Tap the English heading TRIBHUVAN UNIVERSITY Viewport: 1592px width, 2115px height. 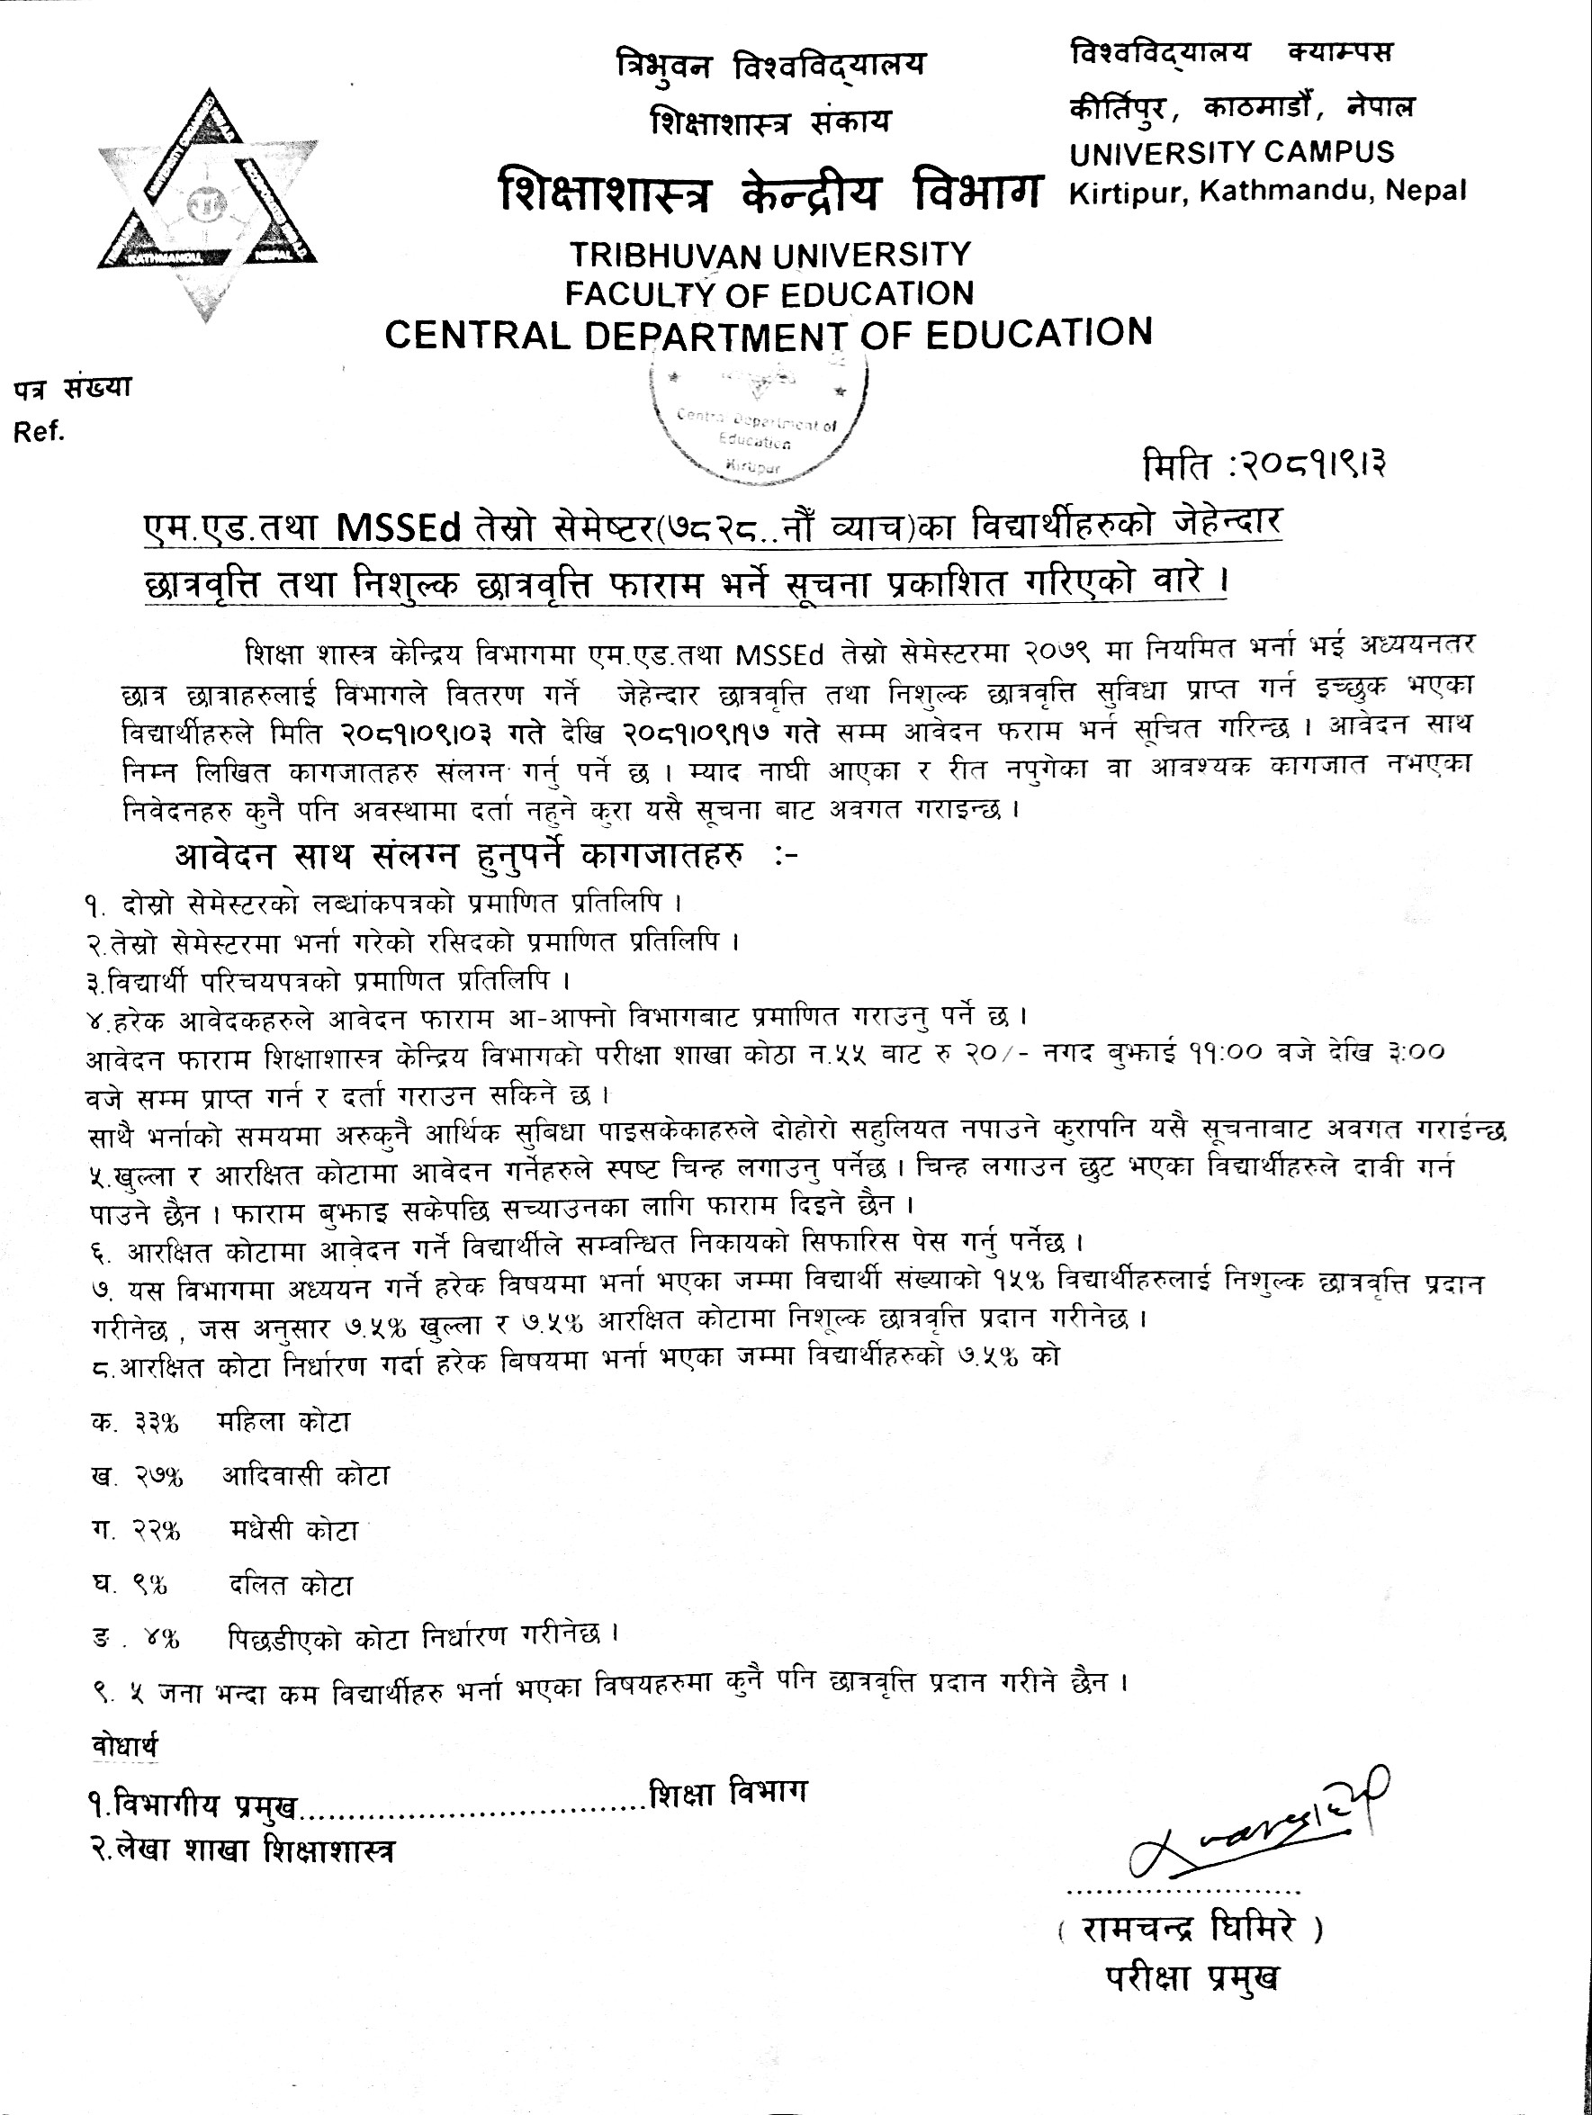click(x=769, y=255)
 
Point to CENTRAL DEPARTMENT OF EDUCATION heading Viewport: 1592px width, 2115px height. click(x=768, y=334)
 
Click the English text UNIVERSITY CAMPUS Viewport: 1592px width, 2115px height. click(x=1231, y=152)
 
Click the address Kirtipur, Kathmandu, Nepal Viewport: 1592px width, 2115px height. click(x=1267, y=191)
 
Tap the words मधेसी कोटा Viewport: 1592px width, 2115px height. click(x=293, y=1530)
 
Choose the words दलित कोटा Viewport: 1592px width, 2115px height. click(x=291, y=1584)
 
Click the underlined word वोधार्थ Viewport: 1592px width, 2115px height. click(x=124, y=1746)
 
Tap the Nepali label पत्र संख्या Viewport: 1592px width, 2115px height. click(x=72, y=389)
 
